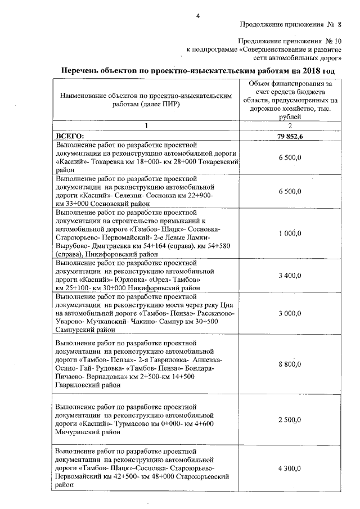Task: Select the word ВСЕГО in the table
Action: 69,136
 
